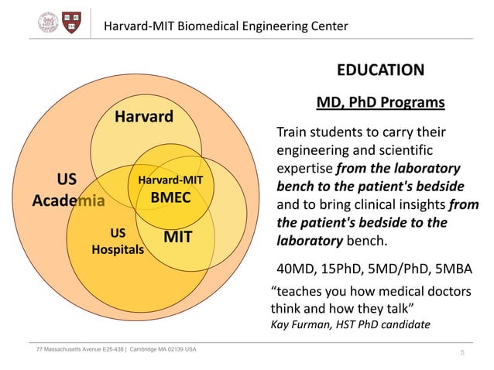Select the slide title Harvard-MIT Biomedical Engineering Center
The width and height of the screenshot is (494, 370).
coord(226,26)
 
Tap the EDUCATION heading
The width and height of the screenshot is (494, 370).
coord(379,70)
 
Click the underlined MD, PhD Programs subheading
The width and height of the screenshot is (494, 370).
coord(380,103)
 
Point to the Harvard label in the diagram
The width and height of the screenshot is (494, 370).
coord(144,118)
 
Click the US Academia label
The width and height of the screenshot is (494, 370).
coord(67,190)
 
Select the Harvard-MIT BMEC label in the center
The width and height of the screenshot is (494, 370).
coord(170,189)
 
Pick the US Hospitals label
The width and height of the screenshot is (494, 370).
coord(118,241)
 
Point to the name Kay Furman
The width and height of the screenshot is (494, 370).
coord(299,324)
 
